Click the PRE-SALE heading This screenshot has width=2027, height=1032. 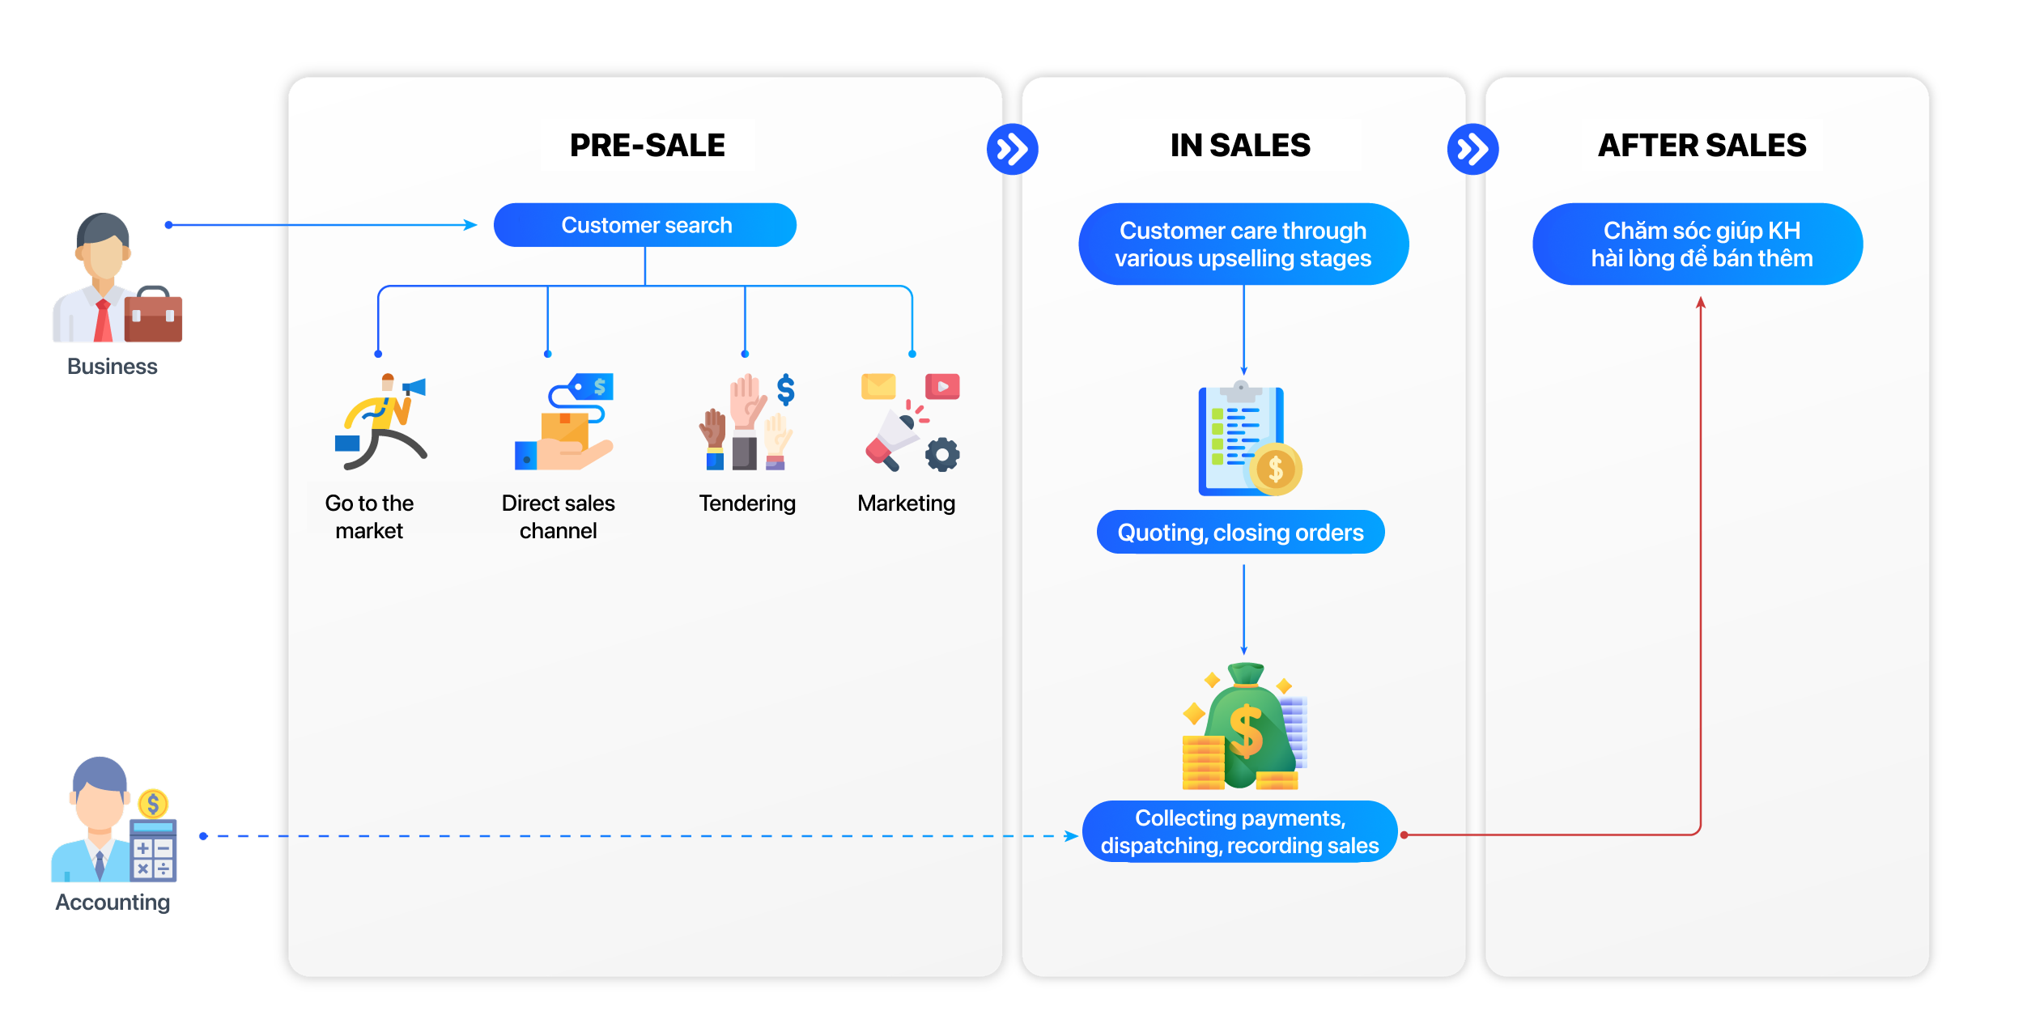click(647, 146)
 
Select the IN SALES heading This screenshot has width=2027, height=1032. click(1240, 146)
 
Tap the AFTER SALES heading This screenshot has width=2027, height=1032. click(1702, 146)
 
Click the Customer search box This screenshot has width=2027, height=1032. click(645, 225)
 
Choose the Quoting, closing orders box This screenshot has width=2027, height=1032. click(1240, 533)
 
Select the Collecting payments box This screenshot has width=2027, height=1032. click(1239, 832)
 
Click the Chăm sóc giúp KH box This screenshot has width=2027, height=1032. click(1698, 244)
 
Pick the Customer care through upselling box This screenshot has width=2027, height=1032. click(1243, 244)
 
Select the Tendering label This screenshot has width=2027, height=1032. click(747, 503)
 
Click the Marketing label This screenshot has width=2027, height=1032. click(906, 503)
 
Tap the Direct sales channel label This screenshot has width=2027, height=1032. click(558, 516)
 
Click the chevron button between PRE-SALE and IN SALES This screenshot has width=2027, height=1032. click(1012, 149)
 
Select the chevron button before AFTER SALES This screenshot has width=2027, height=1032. click(1472, 149)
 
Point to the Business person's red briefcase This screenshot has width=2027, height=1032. click(154, 316)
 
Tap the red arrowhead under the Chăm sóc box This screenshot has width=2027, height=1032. click(1701, 303)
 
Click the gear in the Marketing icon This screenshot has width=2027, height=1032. click(942, 455)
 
